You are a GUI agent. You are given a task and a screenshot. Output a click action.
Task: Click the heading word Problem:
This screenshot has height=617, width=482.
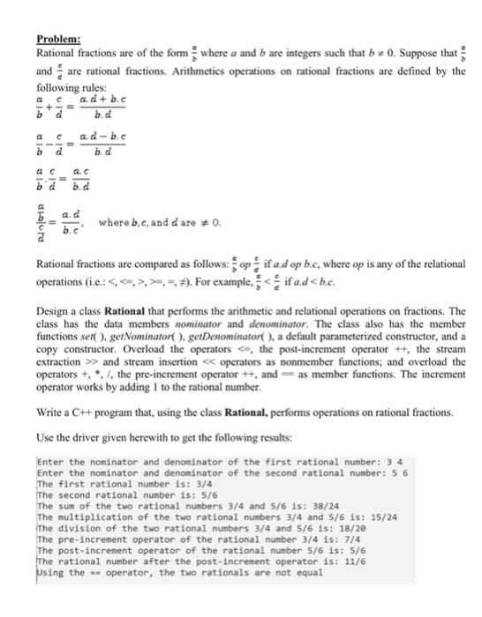click(x=58, y=39)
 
